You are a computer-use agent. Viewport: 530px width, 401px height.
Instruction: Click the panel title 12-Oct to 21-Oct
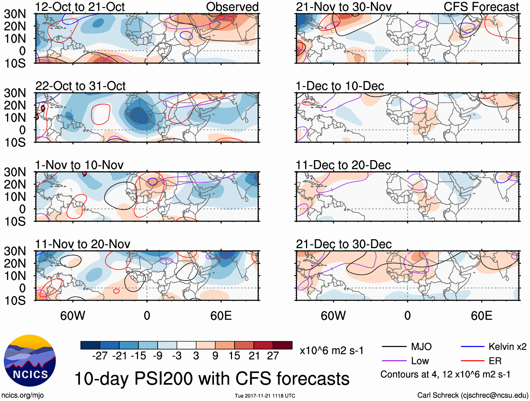click(80, 7)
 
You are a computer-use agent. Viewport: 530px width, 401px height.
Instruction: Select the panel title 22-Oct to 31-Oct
click(80, 86)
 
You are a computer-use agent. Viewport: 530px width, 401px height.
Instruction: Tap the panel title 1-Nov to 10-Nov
click(79, 165)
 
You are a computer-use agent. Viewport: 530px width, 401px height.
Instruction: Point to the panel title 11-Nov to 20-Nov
click(82, 244)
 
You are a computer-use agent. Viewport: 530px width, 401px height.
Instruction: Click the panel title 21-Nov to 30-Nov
click(344, 7)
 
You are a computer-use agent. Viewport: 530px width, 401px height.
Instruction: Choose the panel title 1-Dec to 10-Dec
click(340, 86)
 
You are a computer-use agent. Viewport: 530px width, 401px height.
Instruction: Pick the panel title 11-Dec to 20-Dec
click(343, 165)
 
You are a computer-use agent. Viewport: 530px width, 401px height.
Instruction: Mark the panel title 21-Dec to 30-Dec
click(344, 244)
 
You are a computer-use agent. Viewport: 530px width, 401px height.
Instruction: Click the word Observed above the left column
click(232, 7)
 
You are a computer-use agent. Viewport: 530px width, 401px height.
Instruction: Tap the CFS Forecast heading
click(481, 7)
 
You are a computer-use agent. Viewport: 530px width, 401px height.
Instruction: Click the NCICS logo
click(30, 361)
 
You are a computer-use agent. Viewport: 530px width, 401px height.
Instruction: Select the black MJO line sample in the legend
click(394, 347)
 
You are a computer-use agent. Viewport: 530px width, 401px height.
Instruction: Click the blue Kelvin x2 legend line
click(472, 347)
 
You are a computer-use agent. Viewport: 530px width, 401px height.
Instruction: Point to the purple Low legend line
click(394, 361)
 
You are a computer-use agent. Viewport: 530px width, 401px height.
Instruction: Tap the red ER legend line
click(472, 361)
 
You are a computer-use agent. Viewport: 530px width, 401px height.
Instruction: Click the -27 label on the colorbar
click(100, 356)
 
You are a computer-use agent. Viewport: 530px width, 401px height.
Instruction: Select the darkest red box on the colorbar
click(283, 345)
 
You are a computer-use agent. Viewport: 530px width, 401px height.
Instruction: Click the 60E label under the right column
click(481, 316)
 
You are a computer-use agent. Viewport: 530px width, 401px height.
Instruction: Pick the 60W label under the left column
click(73, 316)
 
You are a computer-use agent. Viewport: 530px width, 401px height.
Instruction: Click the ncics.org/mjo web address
click(22, 395)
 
